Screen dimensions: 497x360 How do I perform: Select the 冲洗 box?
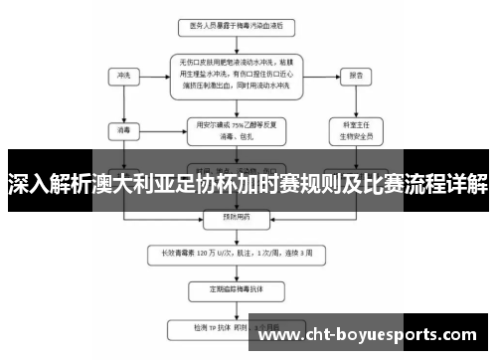[124, 75]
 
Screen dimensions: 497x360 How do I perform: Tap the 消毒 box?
[124, 128]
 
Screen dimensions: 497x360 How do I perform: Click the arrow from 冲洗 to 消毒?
[124, 102]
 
